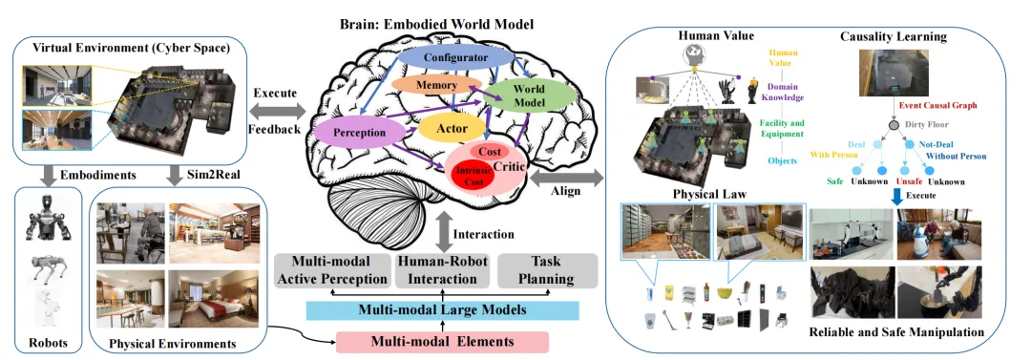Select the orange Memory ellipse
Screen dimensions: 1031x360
[425, 86]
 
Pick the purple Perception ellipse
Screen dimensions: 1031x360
[359, 133]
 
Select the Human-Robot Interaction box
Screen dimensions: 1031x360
[443, 270]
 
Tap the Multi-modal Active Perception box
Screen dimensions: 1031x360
[331, 270]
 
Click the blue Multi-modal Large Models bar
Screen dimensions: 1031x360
[443, 310]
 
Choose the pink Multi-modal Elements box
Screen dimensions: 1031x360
[443, 342]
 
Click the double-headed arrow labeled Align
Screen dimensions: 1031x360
[566, 177]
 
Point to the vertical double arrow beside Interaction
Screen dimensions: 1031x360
[443, 234]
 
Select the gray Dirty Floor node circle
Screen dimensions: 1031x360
[894, 125]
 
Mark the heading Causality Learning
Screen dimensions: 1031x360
[893, 36]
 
